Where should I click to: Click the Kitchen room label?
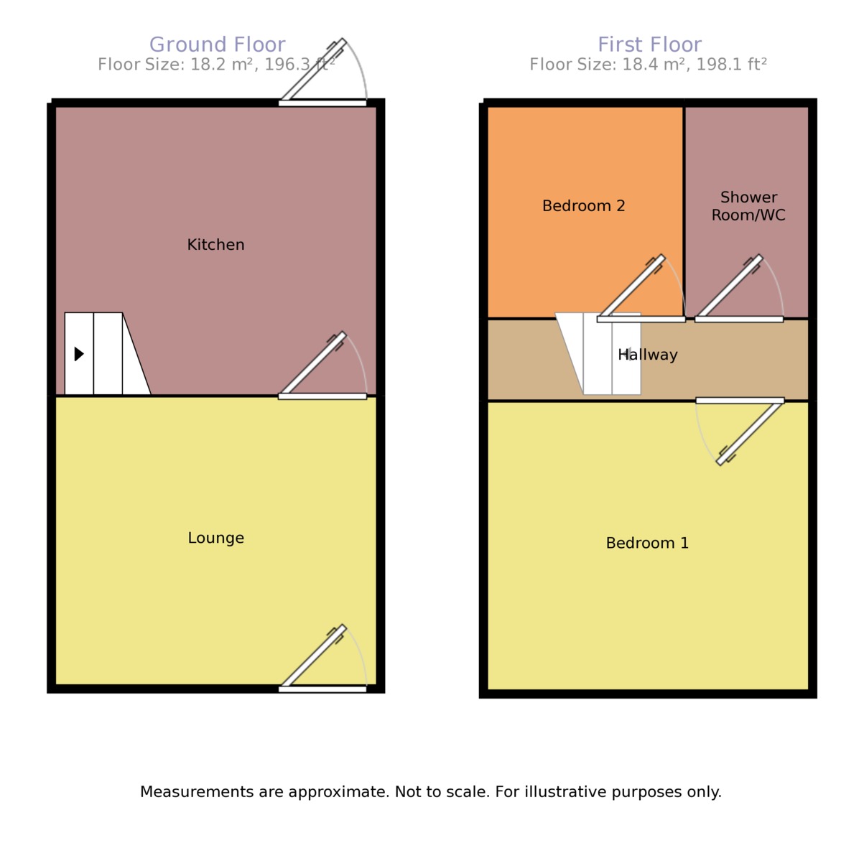[x=215, y=245]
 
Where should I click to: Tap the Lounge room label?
[x=215, y=538]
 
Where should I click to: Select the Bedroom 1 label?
[x=647, y=543]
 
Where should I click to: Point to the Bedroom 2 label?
[x=583, y=206]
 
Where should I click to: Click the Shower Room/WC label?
[x=748, y=206]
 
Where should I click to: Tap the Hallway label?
[x=648, y=355]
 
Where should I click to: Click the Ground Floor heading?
[x=217, y=45]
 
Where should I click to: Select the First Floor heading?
[x=649, y=45]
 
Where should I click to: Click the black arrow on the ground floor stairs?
[x=79, y=353]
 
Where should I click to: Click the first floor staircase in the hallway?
[x=600, y=355]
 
